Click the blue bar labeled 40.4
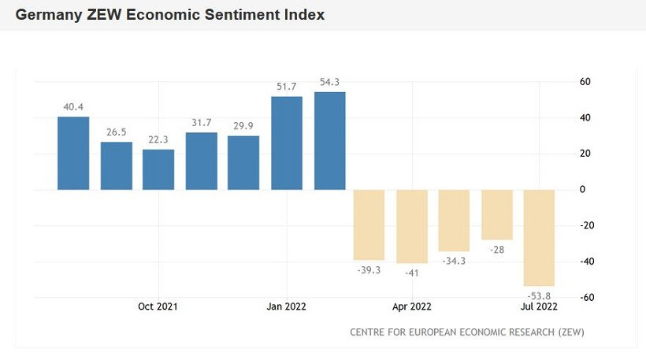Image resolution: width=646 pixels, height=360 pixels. coord(73,154)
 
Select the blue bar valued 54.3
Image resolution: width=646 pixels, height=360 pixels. coord(330,141)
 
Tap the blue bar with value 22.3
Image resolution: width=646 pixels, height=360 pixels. coord(158,169)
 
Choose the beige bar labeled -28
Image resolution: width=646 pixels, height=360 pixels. coord(497,214)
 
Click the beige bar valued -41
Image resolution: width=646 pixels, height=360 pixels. coord(412,226)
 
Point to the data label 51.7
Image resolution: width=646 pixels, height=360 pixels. coord(287,86)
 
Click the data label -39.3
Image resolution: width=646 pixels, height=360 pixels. coord(369,270)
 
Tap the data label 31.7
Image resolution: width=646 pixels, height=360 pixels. coord(202,122)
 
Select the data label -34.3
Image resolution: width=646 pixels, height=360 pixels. coord(454,261)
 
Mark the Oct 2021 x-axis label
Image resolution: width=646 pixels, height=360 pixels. coord(158,306)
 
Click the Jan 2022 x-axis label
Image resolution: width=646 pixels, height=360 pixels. coord(286,306)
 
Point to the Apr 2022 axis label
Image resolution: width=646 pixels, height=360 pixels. coord(411,306)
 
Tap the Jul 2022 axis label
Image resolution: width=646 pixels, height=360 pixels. coord(539,306)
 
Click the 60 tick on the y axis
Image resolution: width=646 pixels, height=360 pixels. coord(585,82)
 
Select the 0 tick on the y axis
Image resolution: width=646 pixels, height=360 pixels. coord(583,190)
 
